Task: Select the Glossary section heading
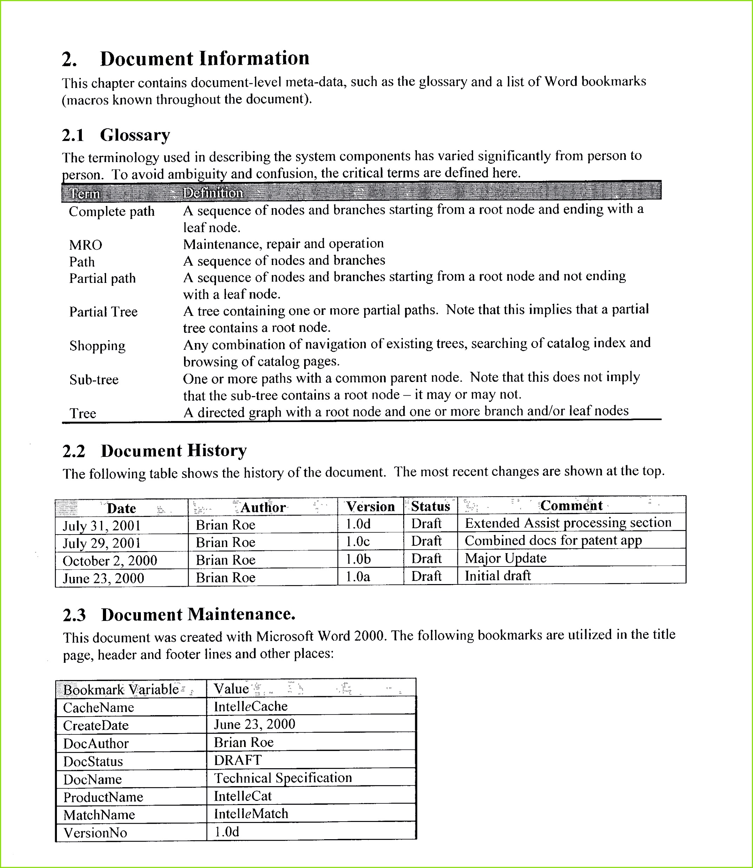click(x=135, y=135)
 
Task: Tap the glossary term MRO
click(x=86, y=245)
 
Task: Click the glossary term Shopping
click(x=98, y=346)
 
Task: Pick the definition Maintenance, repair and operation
click(x=283, y=244)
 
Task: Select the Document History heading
click(x=173, y=451)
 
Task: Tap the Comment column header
click(x=571, y=506)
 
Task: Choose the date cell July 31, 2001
click(x=102, y=526)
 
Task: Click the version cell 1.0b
click(x=358, y=559)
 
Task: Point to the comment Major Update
click(x=505, y=558)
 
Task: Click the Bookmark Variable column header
click(x=121, y=690)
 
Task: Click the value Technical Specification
click(x=283, y=778)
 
